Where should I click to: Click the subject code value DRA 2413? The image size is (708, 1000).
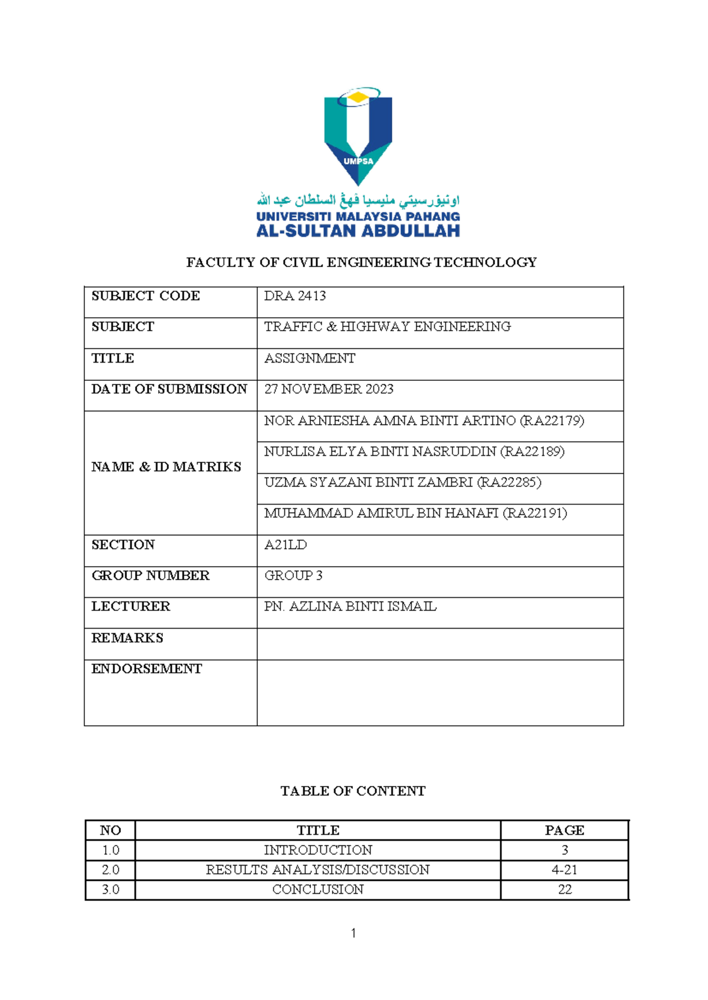pos(294,296)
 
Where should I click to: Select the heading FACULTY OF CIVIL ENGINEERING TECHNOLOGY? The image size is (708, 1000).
pos(361,262)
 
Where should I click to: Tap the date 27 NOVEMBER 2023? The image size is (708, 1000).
pos(329,389)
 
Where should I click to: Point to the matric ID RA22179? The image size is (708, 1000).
pos(552,421)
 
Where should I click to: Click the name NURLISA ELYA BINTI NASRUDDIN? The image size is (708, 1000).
pos(380,452)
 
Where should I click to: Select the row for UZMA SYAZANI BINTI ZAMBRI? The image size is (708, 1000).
pos(402,482)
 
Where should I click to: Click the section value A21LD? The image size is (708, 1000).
pos(286,545)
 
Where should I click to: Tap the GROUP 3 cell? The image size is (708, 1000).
pos(293,575)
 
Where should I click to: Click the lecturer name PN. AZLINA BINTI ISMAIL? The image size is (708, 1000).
pos(350,607)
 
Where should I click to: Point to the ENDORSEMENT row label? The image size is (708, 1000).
pos(146,669)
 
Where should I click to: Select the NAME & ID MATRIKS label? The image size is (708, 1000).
pos(166,467)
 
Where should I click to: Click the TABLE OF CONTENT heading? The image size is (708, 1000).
pos(353,791)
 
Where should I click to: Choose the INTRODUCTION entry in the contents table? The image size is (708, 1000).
pos(317,850)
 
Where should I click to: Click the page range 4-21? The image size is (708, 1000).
pos(564,870)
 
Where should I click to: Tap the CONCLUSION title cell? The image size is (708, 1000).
pos(317,890)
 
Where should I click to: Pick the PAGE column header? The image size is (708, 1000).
pos(564,830)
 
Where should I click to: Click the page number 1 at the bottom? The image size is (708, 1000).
pos(353,933)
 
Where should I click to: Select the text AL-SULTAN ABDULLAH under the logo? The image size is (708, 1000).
pos(358,231)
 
